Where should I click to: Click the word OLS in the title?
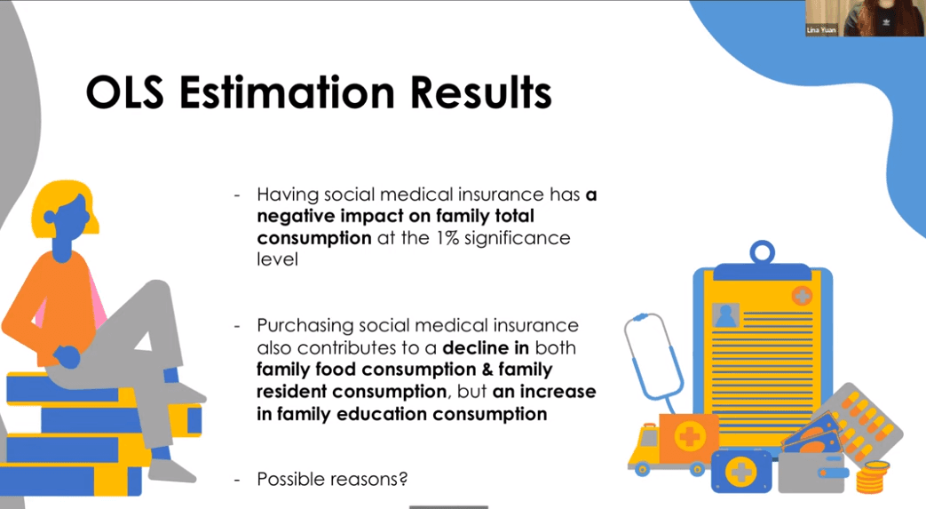click(x=124, y=92)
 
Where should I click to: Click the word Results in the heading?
click(x=480, y=92)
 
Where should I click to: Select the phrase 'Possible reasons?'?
click(x=332, y=478)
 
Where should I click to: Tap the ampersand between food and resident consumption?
click(x=487, y=370)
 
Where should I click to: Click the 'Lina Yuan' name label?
click(x=821, y=29)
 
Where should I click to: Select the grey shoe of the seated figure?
click(x=171, y=469)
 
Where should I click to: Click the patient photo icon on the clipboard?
click(x=725, y=315)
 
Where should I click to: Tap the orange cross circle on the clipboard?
click(x=802, y=295)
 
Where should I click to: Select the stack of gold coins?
click(x=872, y=477)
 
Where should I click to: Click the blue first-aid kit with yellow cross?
click(x=741, y=472)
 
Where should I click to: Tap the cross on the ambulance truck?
click(x=689, y=437)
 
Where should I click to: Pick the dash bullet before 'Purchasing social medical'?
click(x=237, y=326)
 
